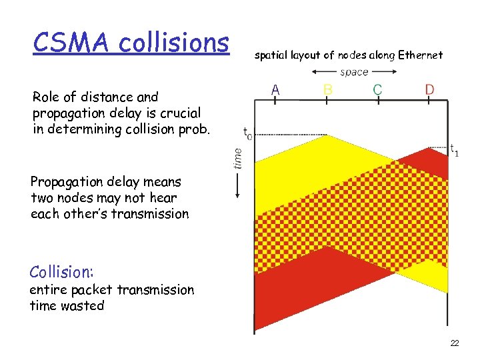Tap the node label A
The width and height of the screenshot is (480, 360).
(275, 89)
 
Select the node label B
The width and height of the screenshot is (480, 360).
(327, 89)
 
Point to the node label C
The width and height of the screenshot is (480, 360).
(378, 89)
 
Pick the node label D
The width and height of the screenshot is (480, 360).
(431, 89)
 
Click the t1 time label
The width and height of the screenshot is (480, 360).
(453, 150)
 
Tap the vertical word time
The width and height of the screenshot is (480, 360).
(237, 159)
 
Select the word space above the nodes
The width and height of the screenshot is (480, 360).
(353, 72)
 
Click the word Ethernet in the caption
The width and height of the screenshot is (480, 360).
(420, 55)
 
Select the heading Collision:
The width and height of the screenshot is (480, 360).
(61, 272)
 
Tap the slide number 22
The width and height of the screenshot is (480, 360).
(455, 343)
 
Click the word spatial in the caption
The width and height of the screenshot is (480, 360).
(274, 55)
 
